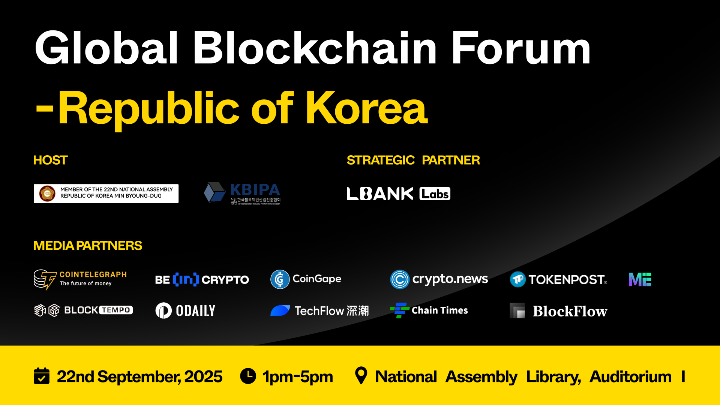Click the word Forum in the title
[520, 49]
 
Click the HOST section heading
[50, 160]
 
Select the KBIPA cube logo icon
[214, 192]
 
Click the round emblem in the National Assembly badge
[47, 193]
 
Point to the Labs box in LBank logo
[435, 194]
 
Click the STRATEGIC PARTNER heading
[413, 160]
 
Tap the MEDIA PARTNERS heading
[87, 246]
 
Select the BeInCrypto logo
[202, 280]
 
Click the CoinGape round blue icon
[280, 279]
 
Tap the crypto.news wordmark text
[450, 279]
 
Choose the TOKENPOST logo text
[567, 280]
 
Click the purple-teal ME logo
[640, 280]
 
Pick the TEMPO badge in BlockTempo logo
[116, 310]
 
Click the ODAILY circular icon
[163, 310]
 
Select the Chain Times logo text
[439, 310]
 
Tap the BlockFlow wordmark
[570, 311]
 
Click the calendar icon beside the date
[42, 376]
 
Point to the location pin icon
[361, 375]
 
